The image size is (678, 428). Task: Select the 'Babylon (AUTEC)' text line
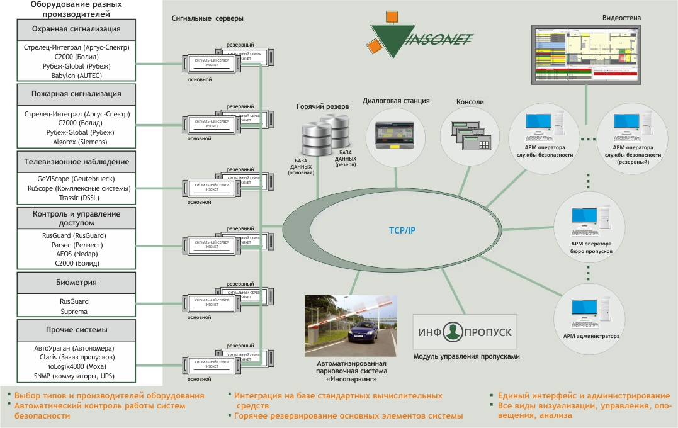coord(76,76)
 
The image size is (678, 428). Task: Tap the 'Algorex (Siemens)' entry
coord(76,142)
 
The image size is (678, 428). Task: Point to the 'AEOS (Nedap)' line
coord(76,254)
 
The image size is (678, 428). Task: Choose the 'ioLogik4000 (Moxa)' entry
coord(76,366)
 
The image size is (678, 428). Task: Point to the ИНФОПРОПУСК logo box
coord(465,332)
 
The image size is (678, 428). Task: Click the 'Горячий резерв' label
coord(322,107)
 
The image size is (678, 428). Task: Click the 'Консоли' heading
coord(470,101)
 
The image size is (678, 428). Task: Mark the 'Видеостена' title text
coord(621,18)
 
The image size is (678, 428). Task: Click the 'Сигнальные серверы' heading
coord(208,18)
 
